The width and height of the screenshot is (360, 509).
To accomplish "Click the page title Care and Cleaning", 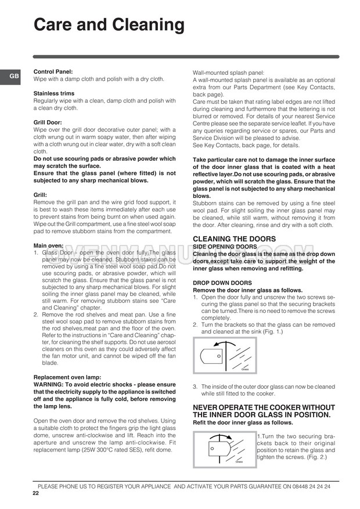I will click(x=109, y=26).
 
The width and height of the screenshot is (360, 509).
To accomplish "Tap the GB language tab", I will click(x=13, y=76).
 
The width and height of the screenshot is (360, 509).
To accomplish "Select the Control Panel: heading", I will click(x=53, y=72).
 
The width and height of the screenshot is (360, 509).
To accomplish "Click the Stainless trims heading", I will click(x=54, y=93).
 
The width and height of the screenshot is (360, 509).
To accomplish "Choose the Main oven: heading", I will click(x=49, y=246).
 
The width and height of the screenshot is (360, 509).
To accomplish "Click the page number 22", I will click(x=36, y=493).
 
